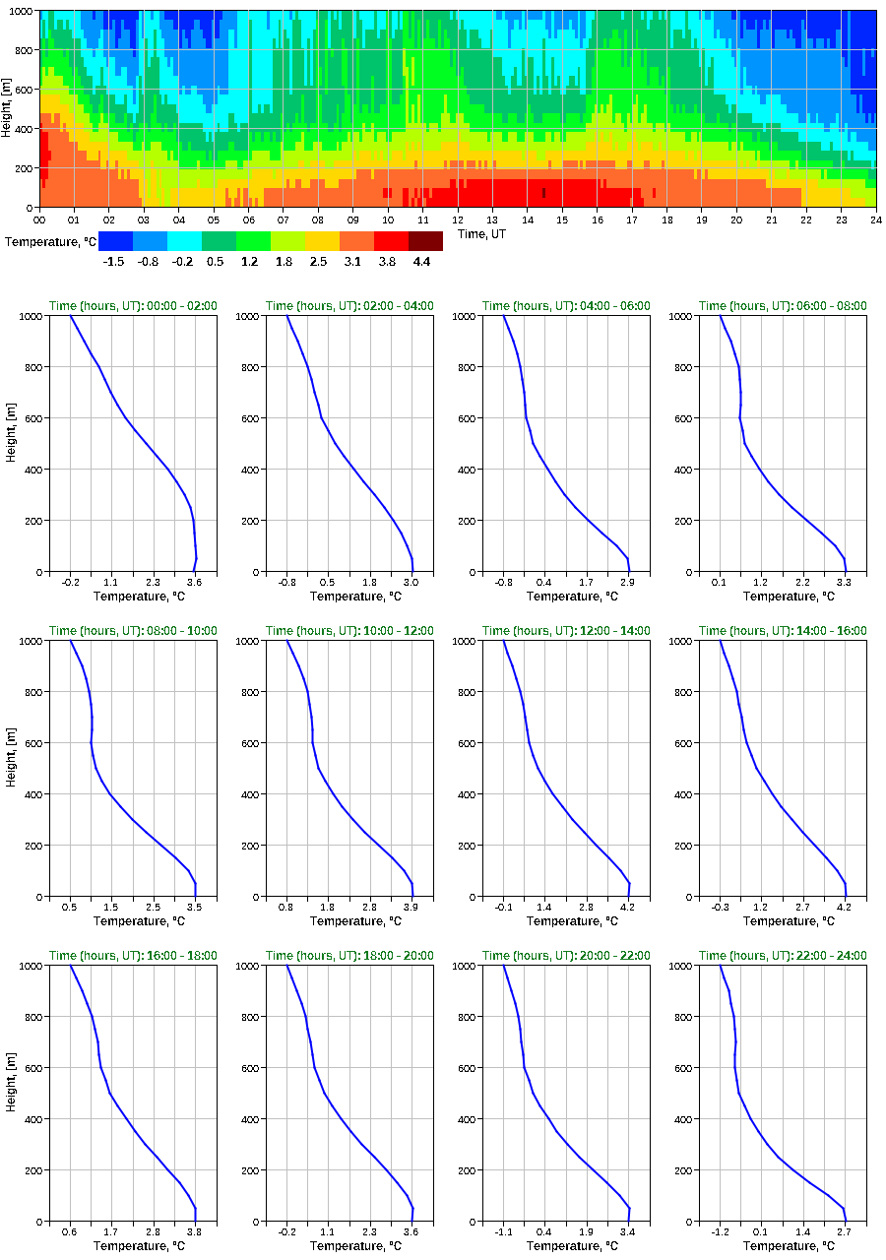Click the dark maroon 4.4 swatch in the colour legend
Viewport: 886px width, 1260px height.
click(425, 240)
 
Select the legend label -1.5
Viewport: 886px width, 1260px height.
click(115, 261)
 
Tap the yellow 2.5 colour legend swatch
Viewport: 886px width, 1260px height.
click(322, 240)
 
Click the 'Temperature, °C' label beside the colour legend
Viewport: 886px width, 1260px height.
click(49, 241)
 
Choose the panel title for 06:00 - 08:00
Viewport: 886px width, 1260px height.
click(783, 306)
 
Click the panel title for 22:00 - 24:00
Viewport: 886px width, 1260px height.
click(783, 956)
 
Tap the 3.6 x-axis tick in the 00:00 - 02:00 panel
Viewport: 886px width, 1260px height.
click(195, 583)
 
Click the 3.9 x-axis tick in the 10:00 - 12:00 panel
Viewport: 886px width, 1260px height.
click(411, 908)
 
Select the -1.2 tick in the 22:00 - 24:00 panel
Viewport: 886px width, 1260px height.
click(721, 1232)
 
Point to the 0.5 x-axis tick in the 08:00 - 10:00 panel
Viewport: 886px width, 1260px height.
click(70, 908)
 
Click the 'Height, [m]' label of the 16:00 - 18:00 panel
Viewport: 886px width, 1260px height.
click(9, 1093)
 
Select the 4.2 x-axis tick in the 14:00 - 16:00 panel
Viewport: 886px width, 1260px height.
click(845, 908)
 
